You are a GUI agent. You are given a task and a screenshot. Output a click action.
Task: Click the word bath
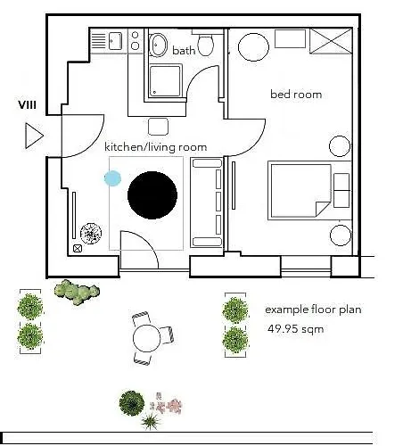[184, 51]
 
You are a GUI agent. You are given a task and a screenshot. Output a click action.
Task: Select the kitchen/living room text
[155, 146]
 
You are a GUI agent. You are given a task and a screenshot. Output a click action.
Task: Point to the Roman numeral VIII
[28, 105]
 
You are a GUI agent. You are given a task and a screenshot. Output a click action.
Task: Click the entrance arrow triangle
[34, 136]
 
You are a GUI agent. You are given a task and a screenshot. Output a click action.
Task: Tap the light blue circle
[112, 178]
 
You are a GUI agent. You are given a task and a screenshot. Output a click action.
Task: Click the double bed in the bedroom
[300, 191]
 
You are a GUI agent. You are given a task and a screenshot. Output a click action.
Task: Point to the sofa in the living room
[207, 202]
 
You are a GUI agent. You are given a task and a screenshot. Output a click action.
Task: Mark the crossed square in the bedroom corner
[331, 40]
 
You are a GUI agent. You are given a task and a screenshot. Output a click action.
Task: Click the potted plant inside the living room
[91, 234]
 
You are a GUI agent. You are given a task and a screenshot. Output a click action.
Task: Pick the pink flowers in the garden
[170, 406]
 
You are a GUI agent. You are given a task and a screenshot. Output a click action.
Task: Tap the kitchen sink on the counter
[115, 41]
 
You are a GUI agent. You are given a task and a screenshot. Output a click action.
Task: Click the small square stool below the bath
[159, 126]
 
